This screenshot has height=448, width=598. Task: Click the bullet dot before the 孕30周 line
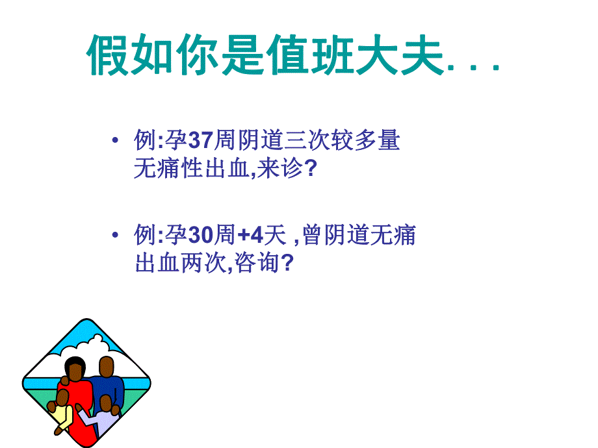115,236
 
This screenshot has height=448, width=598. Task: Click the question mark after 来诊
310,169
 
